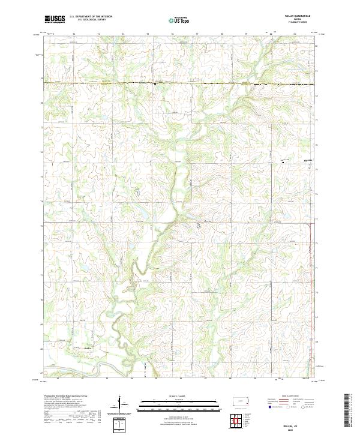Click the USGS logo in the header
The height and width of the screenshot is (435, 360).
55,19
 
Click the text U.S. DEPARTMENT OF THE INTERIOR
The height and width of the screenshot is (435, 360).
91,17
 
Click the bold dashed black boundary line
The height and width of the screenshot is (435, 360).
180,83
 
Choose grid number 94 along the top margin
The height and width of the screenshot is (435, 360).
122,34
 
